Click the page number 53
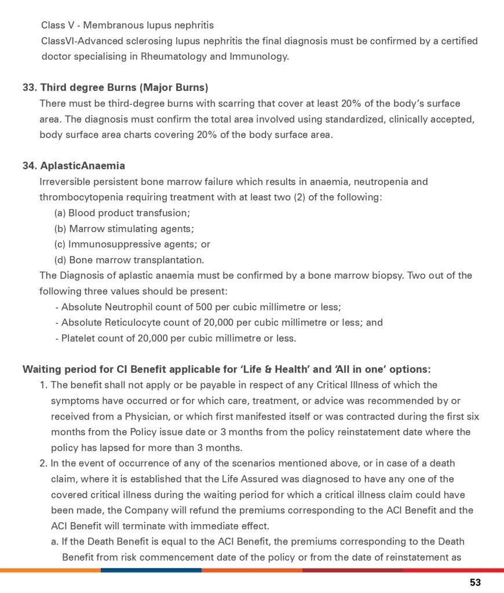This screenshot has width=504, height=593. pyautogui.click(x=475, y=583)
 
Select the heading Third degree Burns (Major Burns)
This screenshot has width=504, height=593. pyautogui.click(x=123, y=87)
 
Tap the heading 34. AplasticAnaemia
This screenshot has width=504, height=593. pyautogui.click(x=74, y=166)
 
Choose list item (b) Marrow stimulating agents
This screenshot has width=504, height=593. pyautogui.click(x=124, y=229)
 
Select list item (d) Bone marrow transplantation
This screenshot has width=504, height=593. pyautogui.click(x=129, y=260)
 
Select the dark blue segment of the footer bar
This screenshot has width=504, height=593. pyautogui.click(x=151, y=570)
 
